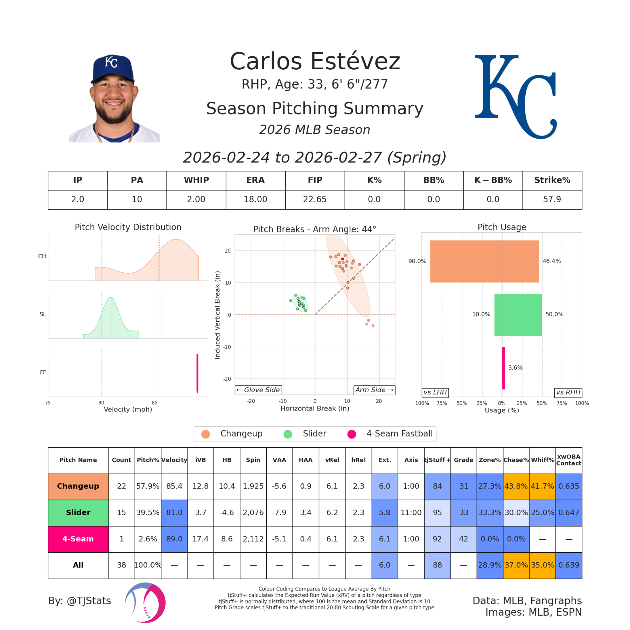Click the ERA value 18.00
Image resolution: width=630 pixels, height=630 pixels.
[255, 199]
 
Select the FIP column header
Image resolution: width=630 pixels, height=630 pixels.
[315, 180]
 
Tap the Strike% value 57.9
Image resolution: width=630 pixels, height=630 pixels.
[552, 199]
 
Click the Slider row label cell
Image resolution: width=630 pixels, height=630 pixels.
[78, 513]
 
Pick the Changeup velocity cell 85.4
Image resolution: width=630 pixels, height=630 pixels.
[174, 486]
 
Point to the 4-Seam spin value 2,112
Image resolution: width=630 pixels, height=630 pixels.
[253, 539]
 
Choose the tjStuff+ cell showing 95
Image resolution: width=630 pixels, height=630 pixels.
[437, 513]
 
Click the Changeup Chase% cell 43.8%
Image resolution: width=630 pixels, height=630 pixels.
[516, 486]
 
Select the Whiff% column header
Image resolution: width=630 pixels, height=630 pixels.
[542, 460]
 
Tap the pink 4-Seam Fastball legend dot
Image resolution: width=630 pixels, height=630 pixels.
[351, 434]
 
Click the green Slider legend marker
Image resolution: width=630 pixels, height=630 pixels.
[288, 434]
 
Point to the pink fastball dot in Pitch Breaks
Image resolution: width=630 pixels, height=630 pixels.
[342, 259]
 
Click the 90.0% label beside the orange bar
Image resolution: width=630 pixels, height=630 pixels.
[417, 261]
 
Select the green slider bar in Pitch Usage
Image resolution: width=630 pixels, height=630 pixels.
[518, 315]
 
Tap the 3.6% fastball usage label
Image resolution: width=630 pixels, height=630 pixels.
[515, 368]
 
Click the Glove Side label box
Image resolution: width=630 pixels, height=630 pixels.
[258, 390]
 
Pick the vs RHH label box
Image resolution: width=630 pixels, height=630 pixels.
[568, 392]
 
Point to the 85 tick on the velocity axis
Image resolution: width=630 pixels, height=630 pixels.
[155, 403]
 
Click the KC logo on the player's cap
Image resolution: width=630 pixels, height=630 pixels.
[111, 62]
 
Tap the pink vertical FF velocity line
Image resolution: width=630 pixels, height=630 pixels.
[197, 373]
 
